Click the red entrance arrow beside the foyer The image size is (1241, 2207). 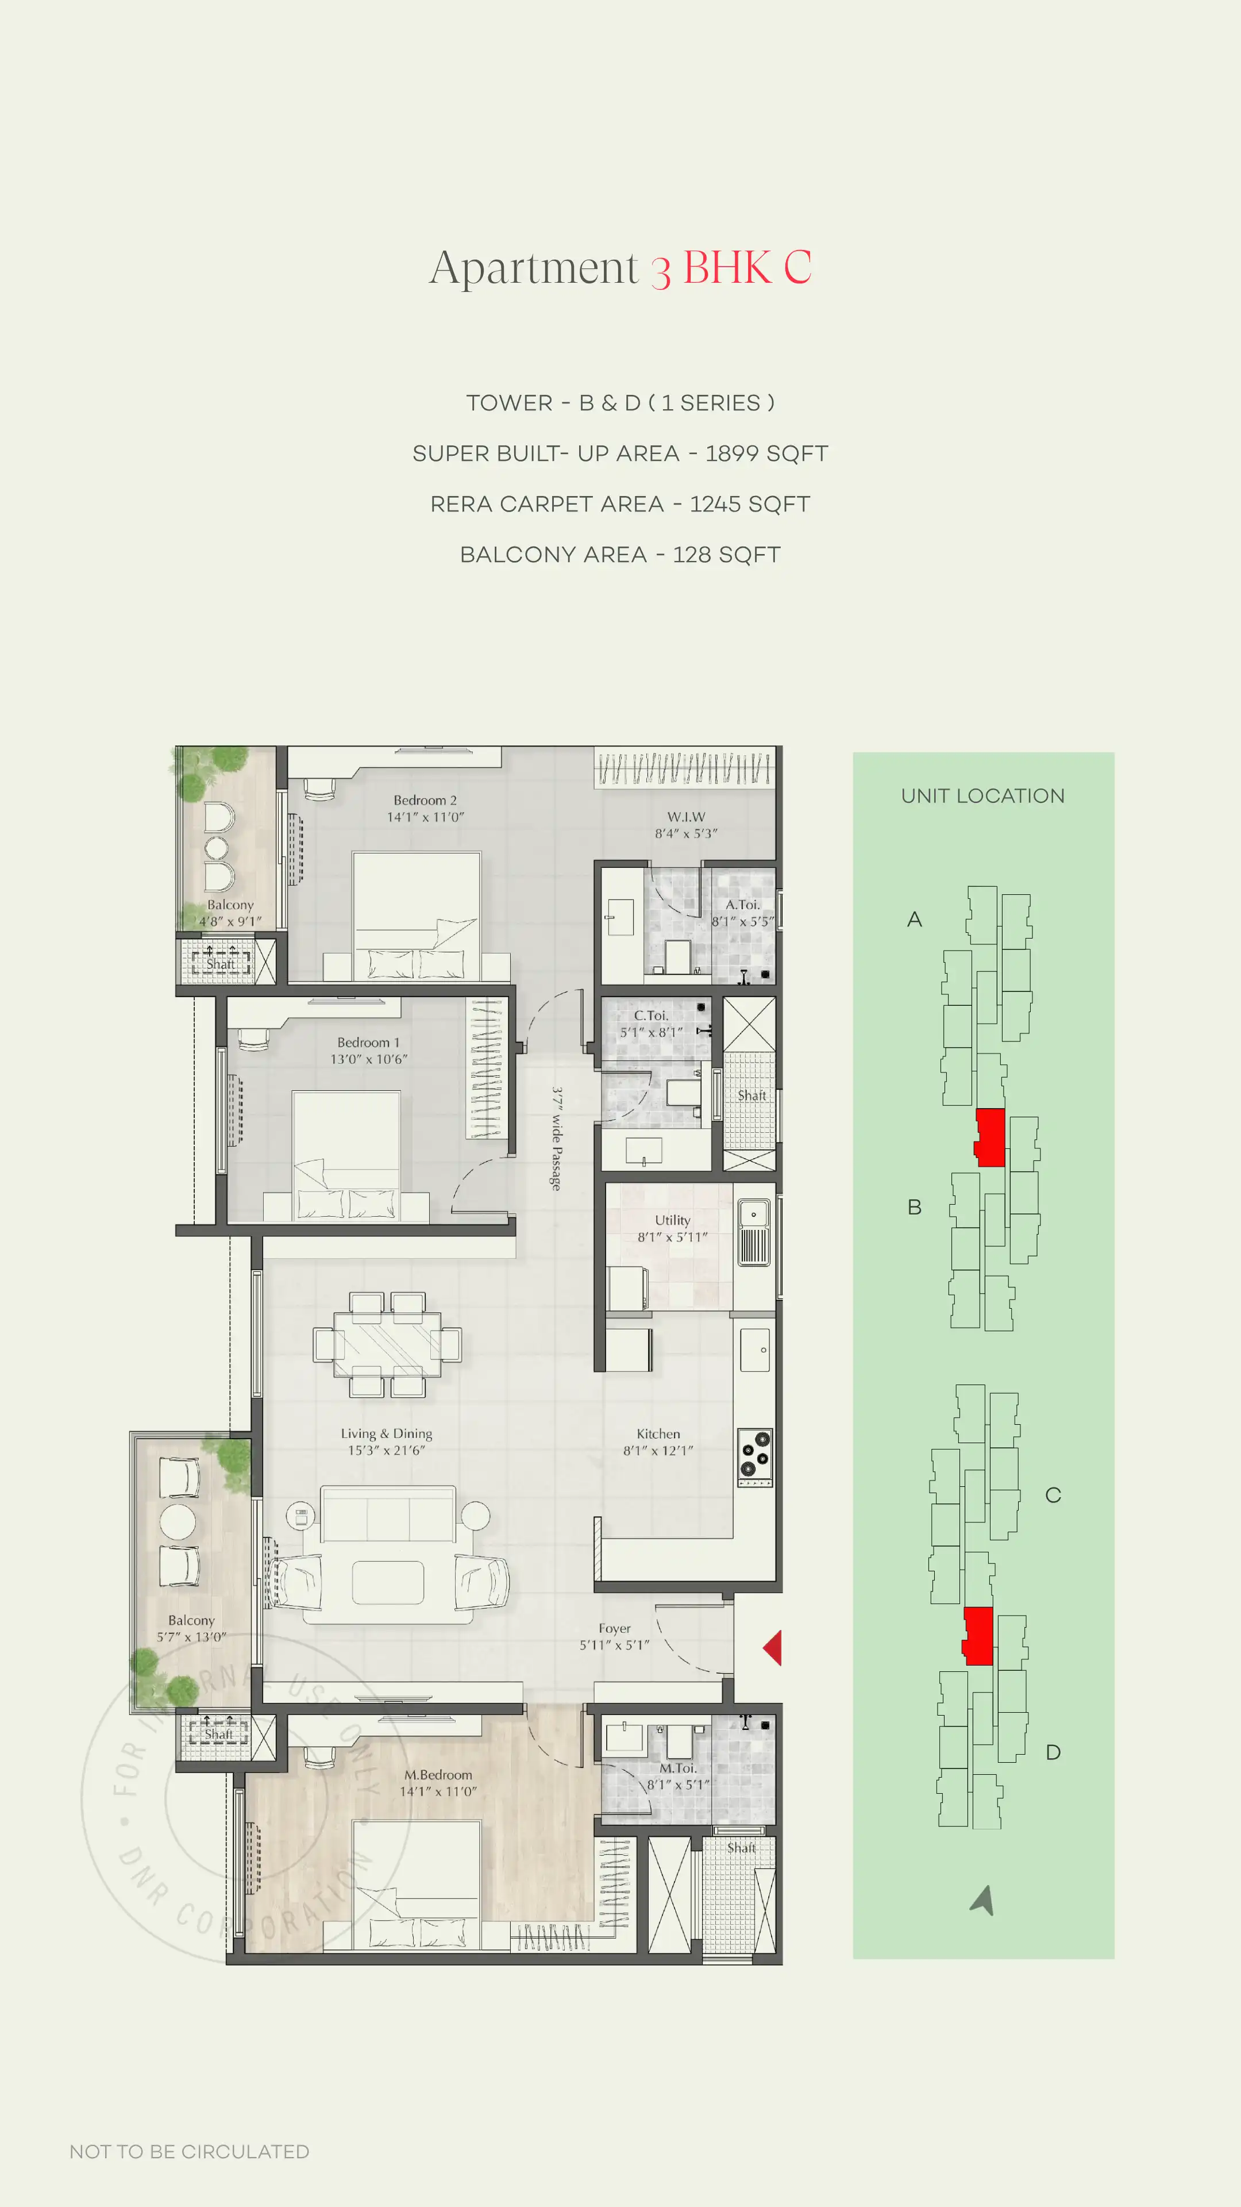(x=773, y=1648)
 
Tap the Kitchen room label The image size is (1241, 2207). (x=658, y=1433)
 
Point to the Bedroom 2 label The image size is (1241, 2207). (x=425, y=799)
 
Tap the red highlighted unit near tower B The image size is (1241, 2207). (x=990, y=1137)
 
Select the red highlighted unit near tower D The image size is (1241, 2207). (x=978, y=1636)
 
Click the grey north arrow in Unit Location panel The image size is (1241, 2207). (x=983, y=1900)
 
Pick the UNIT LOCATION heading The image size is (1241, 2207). (x=982, y=796)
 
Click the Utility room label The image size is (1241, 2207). (x=672, y=1220)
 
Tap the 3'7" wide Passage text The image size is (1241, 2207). (x=556, y=1139)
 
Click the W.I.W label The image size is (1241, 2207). (x=686, y=817)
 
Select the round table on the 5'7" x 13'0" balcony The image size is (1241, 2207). (x=178, y=1521)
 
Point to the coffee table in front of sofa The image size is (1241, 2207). (x=388, y=1582)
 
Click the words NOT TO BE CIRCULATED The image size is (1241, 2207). (x=189, y=2151)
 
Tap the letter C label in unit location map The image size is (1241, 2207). (x=1053, y=1495)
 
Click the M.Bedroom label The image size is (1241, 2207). (x=438, y=1774)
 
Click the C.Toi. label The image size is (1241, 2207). (x=651, y=1015)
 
